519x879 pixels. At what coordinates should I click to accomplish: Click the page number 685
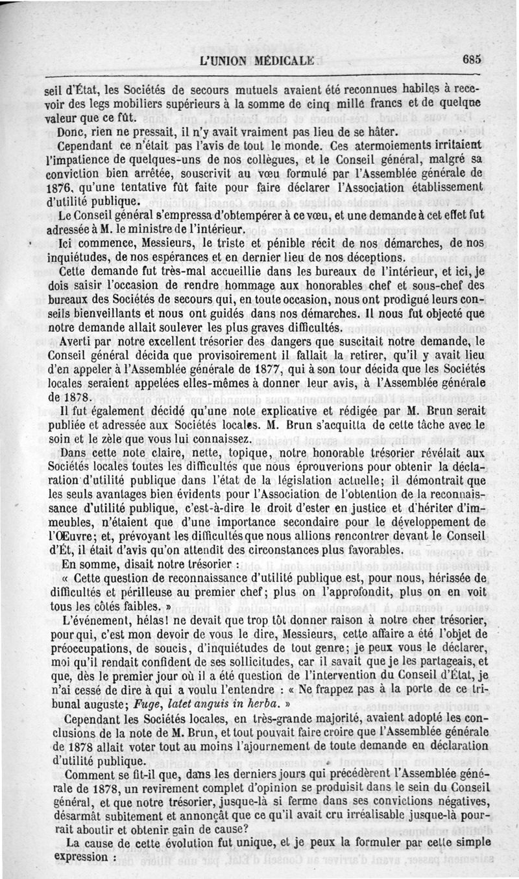coord(472,58)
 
